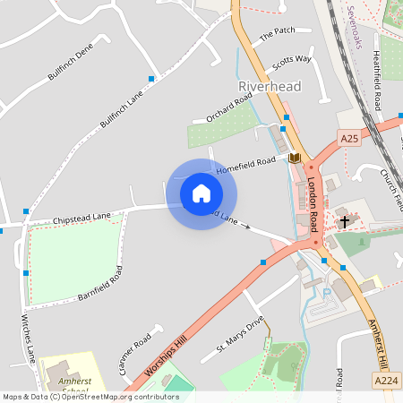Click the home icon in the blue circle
point(201,193)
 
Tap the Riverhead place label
point(270,87)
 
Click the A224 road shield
point(386,382)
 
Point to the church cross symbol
point(344,221)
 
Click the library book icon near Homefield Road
point(294,159)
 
